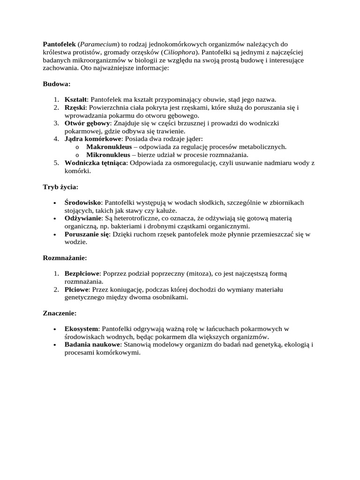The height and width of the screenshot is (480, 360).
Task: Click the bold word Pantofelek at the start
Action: coord(59,44)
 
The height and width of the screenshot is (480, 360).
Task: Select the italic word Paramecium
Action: coord(100,44)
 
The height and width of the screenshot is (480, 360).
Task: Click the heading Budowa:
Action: coord(56,84)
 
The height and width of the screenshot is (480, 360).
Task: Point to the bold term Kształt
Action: coord(75,100)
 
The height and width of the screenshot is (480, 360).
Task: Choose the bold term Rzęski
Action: coord(75,108)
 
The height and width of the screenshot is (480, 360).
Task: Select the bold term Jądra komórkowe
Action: coord(93,139)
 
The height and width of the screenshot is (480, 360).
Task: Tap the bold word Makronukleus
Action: coord(109,147)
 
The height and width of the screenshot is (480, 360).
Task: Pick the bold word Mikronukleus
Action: coord(108,155)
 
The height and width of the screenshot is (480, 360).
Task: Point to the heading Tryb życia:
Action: coord(60,187)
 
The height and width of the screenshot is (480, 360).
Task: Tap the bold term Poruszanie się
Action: coord(87,234)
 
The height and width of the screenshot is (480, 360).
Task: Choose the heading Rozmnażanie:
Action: coord(65,258)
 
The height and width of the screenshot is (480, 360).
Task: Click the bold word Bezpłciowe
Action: coord(83,274)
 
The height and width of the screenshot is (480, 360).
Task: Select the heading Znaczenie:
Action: coord(60,313)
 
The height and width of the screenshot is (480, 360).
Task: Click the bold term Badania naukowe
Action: coord(92,345)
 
